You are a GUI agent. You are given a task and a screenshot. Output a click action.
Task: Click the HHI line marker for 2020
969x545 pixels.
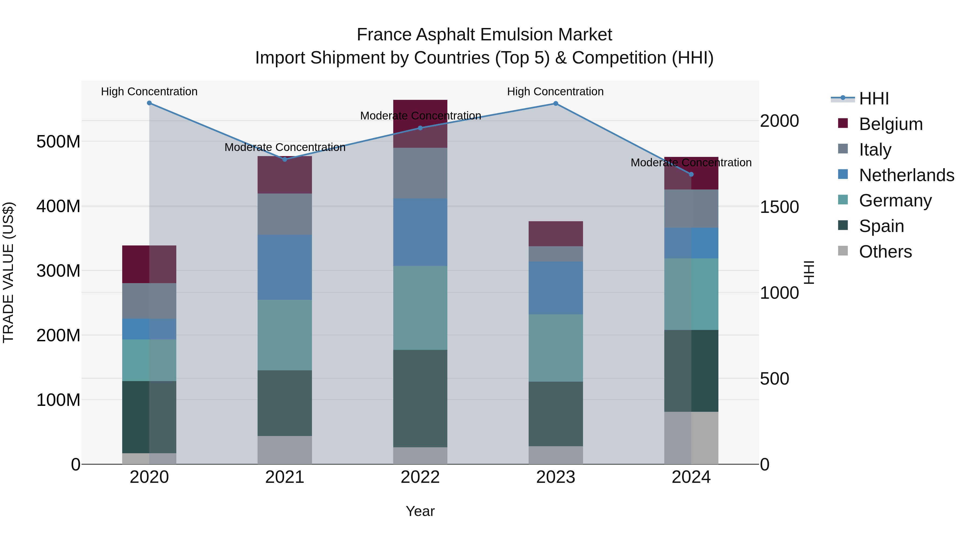click(149, 103)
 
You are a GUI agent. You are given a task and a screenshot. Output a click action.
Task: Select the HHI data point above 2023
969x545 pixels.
click(556, 103)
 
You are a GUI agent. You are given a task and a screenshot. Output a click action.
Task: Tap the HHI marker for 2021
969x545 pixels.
click(285, 160)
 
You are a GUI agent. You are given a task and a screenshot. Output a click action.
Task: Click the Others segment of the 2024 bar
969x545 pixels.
click(691, 438)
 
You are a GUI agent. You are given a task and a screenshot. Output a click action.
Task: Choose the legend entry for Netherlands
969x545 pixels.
click(907, 175)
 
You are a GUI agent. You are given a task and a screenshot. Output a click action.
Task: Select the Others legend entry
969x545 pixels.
click(885, 252)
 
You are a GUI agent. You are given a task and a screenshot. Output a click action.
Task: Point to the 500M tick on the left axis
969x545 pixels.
click(58, 142)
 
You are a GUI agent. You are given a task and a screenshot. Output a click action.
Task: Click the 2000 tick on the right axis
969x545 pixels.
click(780, 121)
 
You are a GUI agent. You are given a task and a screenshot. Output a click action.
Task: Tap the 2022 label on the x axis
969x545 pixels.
click(420, 477)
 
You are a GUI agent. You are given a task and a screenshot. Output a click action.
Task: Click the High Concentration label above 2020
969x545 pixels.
click(149, 92)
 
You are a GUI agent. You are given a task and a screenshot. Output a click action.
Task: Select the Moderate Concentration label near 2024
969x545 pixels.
click(691, 163)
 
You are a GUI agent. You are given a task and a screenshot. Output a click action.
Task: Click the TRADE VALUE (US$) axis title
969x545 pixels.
click(8, 273)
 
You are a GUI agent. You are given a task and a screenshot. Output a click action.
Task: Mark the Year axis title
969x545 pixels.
click(420, 511)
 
